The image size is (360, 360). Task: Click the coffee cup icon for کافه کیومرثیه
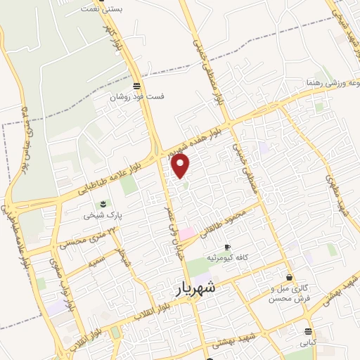[x=226, y=247]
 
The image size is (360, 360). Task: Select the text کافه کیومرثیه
[x=228, y=257]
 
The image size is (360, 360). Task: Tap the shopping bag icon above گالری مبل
[x=290, y=277]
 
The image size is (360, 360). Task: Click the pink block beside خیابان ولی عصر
[x=186, y=233]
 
